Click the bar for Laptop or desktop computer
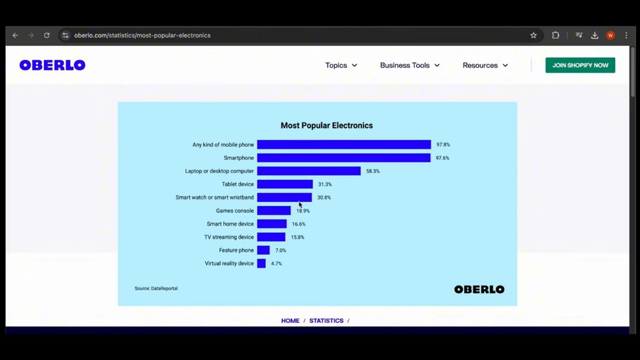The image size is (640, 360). coord(309,171)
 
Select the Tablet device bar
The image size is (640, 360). coord(285,185)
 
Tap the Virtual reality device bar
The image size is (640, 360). coord(261,263)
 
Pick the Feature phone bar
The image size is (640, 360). coord(263,250)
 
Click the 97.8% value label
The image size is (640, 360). coord(443,145)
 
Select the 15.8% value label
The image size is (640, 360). coord(298,237)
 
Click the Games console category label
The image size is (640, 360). coord(235,211)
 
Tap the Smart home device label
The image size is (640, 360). coord(230,224)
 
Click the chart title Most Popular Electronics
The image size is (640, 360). coord(326,126)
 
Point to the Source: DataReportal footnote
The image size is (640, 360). coord(156,289)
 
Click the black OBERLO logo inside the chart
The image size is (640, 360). coord(479,290)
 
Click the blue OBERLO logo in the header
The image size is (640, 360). coord(52,65)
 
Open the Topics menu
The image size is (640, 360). coord(341,66)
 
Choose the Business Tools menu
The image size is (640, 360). coord(410,66)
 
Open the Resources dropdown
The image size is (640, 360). coord(485,66)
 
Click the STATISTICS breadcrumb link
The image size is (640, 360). coord(326,321)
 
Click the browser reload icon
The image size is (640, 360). coord(47,36)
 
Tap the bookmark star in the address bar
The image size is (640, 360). coord(533,36)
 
